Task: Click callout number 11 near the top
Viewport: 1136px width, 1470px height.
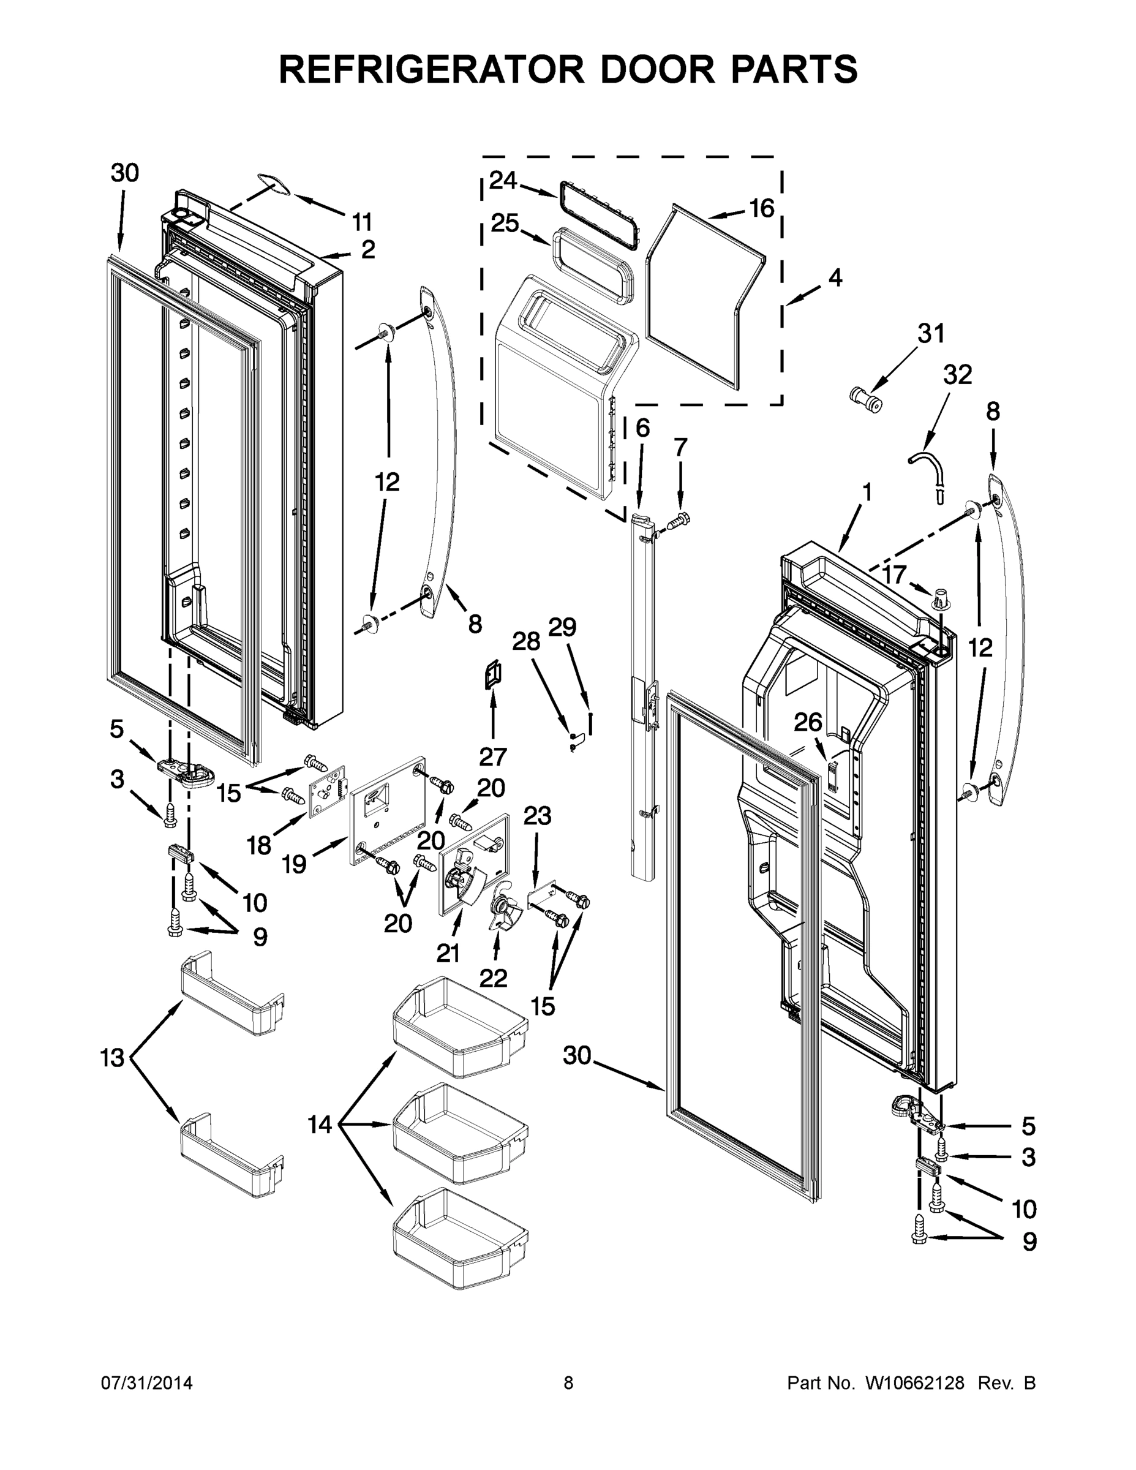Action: [361, 222]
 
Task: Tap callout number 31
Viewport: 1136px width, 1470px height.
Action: [931, 333]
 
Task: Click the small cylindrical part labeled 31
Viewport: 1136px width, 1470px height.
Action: [866, 400]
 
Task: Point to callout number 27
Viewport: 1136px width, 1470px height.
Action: [492, 756]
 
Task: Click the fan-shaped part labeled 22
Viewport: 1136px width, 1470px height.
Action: [502, 913]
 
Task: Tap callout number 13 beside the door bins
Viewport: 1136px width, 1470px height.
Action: [113, 1058]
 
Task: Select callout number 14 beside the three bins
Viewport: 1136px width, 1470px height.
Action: [320, 1123]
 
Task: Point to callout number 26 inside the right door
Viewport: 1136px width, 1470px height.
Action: [808, 722]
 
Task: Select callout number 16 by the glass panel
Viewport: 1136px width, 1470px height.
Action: [762, 209]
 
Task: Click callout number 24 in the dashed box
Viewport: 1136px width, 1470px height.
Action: [503, 181]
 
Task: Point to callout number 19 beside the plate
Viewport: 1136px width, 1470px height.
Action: [294, 864]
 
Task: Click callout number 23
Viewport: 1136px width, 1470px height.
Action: [537, 816]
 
